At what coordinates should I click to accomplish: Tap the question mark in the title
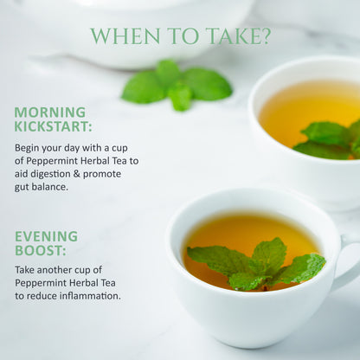pyautogui.click(x=266, y=36)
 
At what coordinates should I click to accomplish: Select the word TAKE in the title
pyautogui.click(x=234, y=36)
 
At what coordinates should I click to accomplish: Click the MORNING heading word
pyautogui.click(x=50, y=112)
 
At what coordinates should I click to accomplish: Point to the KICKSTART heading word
pyautogui.click(x=53, y=126)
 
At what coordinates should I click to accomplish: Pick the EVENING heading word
pyautogui.click(x=46, y=236)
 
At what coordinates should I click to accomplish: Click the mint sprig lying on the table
pyautogui.click(x=177, y=85)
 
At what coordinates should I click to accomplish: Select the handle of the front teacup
pyautogui.click(x=349, y=266)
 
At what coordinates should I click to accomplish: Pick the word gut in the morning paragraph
pyautogui.click(x=22, y=188)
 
